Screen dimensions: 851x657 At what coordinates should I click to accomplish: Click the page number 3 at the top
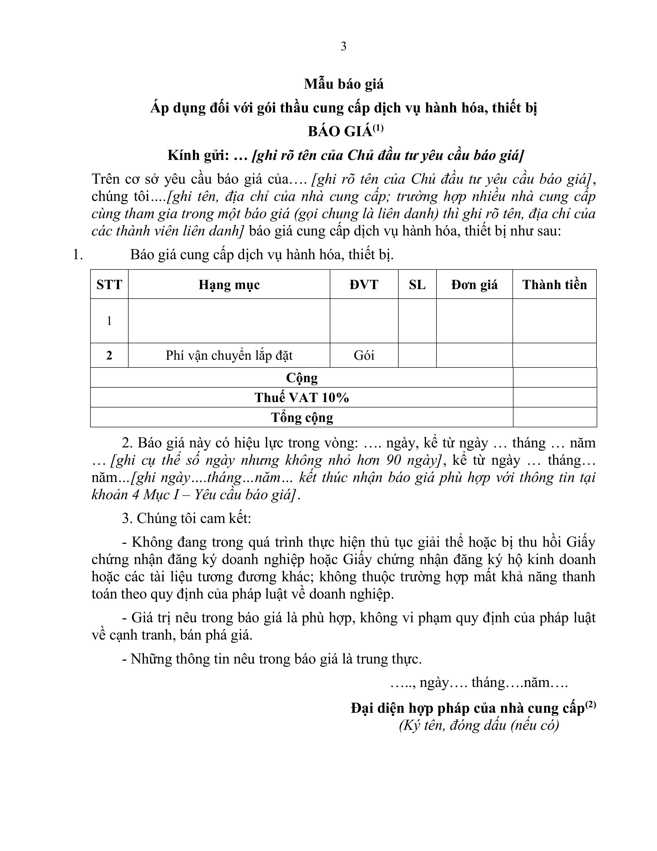343,47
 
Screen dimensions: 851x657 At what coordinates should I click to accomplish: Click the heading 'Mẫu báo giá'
344,84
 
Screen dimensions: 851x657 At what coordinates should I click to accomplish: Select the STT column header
109,285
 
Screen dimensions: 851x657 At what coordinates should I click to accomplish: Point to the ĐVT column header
364,285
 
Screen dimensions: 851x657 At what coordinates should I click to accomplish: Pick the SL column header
417,285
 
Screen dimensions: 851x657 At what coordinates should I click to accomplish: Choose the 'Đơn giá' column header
474,285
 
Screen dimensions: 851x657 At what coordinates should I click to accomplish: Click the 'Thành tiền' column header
554,285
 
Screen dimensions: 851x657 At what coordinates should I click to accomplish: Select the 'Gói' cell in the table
364,355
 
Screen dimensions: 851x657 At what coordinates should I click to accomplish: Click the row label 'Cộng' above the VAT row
302,378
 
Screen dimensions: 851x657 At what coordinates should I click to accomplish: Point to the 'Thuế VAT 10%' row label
302,397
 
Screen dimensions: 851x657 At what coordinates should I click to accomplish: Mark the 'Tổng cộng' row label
302,417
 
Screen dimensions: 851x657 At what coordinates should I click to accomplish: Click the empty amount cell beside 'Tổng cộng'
555,417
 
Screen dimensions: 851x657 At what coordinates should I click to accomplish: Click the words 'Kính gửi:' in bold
198,156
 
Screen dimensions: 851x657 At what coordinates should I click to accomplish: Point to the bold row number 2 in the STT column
109,355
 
